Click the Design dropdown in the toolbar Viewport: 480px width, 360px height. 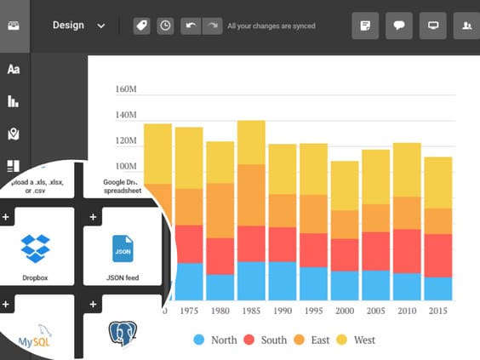[78, 26]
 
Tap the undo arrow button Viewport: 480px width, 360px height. [190, 26]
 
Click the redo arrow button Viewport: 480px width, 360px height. [212, 26]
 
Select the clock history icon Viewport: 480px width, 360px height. [164, 26]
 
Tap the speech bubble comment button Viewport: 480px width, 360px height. [398, 26]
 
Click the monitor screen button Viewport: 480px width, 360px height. [432, 26]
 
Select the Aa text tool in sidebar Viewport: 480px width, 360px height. [14, 69]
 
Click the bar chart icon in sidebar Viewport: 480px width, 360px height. [14, 101]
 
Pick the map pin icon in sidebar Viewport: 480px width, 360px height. [14, 134]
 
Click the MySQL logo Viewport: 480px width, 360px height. [36, 339]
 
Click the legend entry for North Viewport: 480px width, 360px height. [214, 340]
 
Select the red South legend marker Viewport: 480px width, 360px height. [249, 340]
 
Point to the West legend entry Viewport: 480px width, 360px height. [355, 340]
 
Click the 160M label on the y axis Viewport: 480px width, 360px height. [126, 89]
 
